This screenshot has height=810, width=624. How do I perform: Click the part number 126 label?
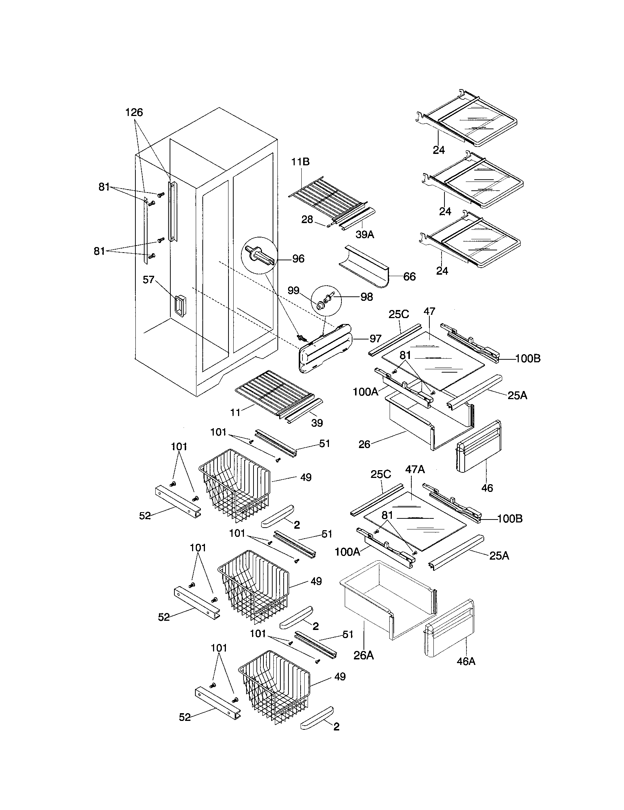pyautogui.click(x=134, y=112)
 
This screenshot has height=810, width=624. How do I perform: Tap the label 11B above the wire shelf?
pyautogui.click(x=300, y=162)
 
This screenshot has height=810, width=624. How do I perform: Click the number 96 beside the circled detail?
pyautogui.click(x=298, y=259)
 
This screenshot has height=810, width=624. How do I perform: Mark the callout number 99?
pyautogui.click(x=294, y=290)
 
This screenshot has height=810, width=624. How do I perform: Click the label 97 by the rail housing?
pyautogui.click(x=375, y=338)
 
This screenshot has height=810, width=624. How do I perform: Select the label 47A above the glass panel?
pyautogui.click(x=415, y=469)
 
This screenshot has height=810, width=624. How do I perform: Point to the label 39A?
pyautogui.click(x=365, y=235)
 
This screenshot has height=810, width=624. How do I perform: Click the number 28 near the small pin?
pyautogui.click(x=307, y=219)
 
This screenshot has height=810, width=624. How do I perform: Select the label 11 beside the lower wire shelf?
pyautogui.click(x=236, y=412)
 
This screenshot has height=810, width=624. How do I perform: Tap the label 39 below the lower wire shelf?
pyautogui.click(x=317, y=423)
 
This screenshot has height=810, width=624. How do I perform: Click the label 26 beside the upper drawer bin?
pyautogui.click(x=364, y=444)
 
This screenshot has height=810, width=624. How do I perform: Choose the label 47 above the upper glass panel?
pyautogui.click(x=429, y=311)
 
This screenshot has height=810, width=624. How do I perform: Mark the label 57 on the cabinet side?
pyautogui.click(x=148, y=280)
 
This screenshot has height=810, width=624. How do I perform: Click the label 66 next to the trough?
pyautogui.click(x=409, y=276)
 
